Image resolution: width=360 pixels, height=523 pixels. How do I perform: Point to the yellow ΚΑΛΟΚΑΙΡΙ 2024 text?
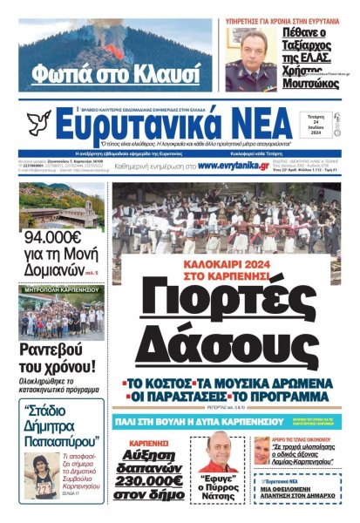224,261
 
